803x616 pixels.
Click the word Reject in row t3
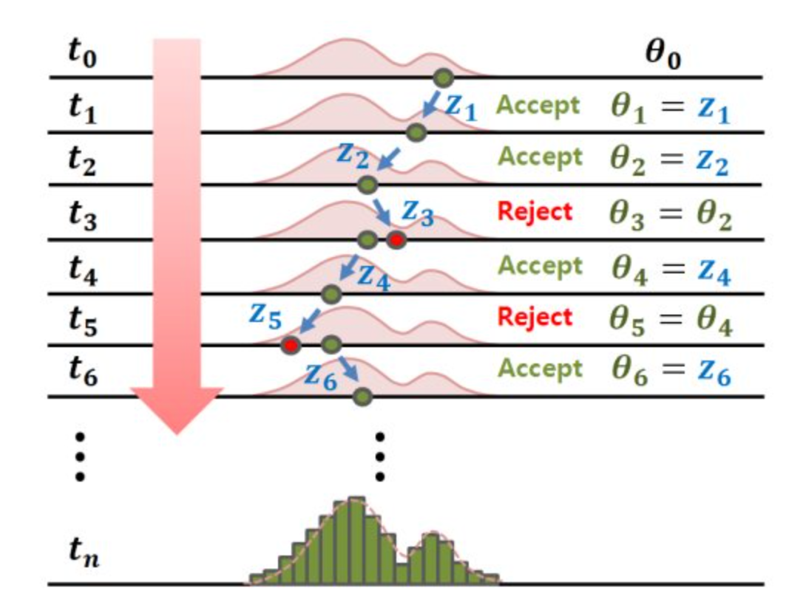click(x=535, y=212)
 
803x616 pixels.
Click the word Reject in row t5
click(x=535, y=318)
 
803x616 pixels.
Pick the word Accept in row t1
click(x=538, y=106)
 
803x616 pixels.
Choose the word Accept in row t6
click(x=538, y=368)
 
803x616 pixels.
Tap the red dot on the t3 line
click(x=396, y=239)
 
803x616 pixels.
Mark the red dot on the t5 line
click(x=291, y=344)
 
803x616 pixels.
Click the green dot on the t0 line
click(x=442, y=76)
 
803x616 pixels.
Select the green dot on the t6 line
click(x=362, y=397)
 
